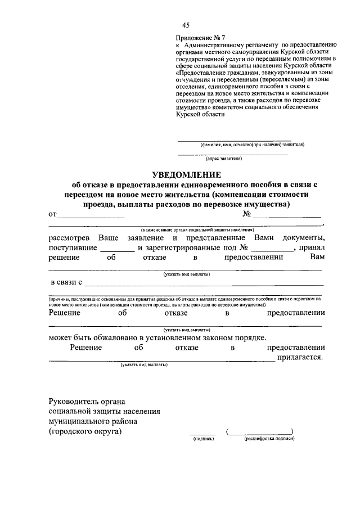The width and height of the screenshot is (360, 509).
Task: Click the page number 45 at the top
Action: pos(186,25)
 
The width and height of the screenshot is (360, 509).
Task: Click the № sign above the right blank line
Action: pos(247,214)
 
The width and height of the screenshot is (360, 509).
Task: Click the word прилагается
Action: pos(303,358)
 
